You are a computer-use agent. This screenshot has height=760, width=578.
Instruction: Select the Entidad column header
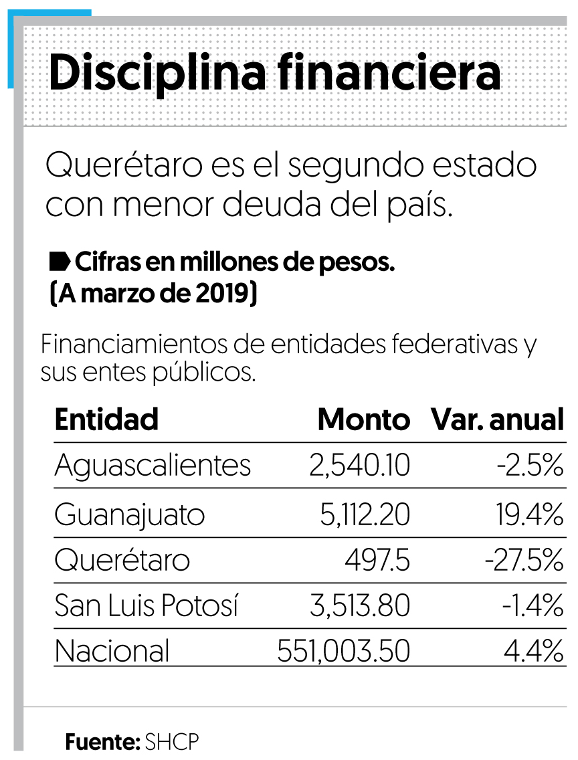click(x=106, y=419)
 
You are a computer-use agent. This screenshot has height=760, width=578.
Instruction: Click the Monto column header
click(x=363, y=419)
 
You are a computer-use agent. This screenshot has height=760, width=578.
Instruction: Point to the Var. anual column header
click(x=497, y=419)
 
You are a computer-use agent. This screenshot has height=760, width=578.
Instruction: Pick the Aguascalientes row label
click(x=153, y=466)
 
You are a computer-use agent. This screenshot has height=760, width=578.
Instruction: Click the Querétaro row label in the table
click(x=122, y=561)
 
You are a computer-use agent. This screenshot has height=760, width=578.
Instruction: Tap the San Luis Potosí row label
click(x=147, y=606)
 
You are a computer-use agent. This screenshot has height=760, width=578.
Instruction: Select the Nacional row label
click(x=112, y=651)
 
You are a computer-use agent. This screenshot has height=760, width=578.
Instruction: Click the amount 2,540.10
click(x=359, y=466)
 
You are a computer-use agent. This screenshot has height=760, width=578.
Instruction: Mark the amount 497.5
click(x=377, y=561)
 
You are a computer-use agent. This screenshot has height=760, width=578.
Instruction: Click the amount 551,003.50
click(x=343, y=651)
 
